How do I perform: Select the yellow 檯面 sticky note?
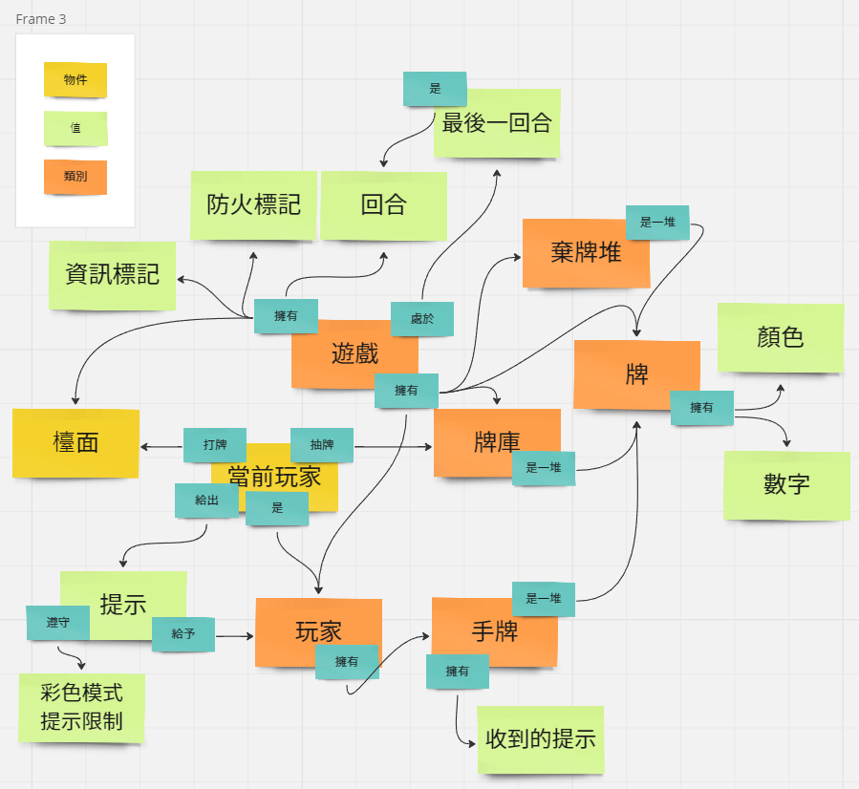pyautogui.click(x=75, y=442)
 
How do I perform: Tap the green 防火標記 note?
pyautogui.click(x=253, y=204)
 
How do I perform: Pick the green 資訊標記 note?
pyautogui.click(x=112, y=275)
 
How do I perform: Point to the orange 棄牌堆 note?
pyautogui.click(x=586, y=253)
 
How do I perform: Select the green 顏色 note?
pyautogui.click(x=781, y=337)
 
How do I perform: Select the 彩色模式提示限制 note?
pyautogui.click(x=81, y=707)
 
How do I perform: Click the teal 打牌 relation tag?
pyautogui.click(x=215, y=445)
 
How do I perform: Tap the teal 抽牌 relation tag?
pyautogui.click(x=322, y=445)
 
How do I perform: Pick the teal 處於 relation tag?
pyautogui.click(x=422, y=319)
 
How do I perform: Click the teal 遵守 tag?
pyautogui.click(x=57, y=622)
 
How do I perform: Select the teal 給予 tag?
pyautogui.click(x=183, y=633)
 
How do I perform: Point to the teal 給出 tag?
pyautogui.click(x=206, y=501)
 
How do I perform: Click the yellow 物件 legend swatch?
pyautogui.click(x=75, y=80)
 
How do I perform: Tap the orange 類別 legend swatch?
pyautogui.click(x=75, y=177)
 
